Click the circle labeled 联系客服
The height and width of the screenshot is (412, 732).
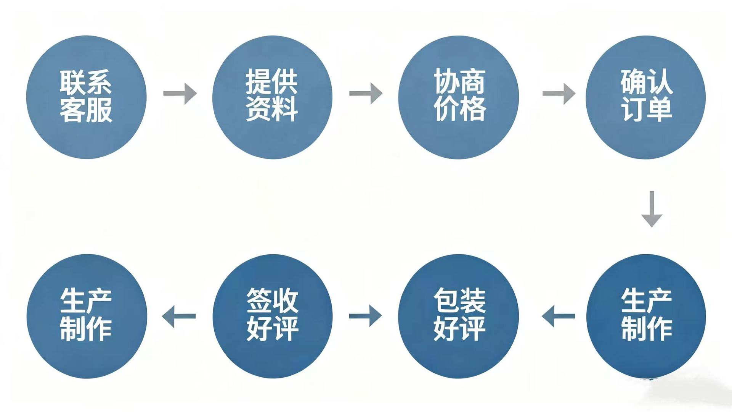tap(86, 97)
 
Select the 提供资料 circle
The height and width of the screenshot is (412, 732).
tap(272, 97)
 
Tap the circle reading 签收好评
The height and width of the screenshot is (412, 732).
tap(272, 316)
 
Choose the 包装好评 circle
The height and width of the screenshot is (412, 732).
tap(458, 316)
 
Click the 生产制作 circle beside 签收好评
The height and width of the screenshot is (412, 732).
tap(87, 316)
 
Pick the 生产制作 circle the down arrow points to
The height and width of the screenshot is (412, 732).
tap(646, 316)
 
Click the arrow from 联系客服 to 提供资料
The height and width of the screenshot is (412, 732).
tap(180, 94)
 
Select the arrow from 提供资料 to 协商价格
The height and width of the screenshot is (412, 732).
tap(366, 94)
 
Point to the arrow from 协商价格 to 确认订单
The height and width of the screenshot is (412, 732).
tap(559, 94)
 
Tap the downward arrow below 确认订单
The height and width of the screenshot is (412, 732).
tap(652, 209)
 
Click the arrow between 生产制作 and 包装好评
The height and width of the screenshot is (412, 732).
tap(559, 316)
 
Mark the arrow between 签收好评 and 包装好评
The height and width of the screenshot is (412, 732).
tap(365, 316)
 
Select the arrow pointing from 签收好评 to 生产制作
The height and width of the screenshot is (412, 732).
tap(179, 316)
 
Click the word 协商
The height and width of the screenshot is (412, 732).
tap(459, 81)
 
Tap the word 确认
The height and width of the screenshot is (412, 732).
tap(647, 81)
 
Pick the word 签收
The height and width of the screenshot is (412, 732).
tap(272, 301)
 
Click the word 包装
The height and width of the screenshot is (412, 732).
tap(459, 301)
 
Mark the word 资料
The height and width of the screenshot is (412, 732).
tap(272, 109)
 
